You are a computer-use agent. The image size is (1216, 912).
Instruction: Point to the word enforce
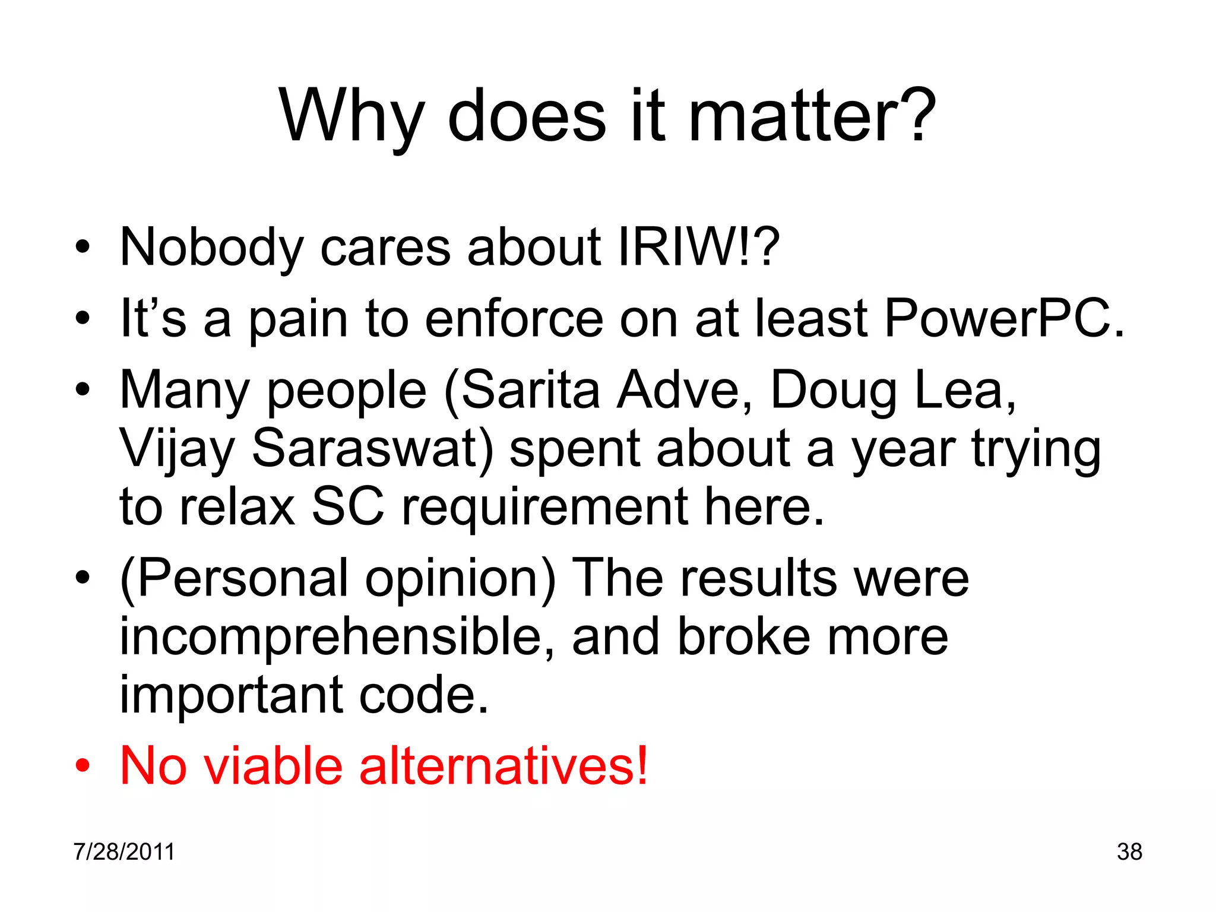[514, 319]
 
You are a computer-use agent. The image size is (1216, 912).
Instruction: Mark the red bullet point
[83, 767]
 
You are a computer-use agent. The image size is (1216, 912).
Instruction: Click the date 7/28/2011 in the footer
[124, 851]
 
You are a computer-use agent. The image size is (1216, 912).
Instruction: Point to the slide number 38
[1129, 851]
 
